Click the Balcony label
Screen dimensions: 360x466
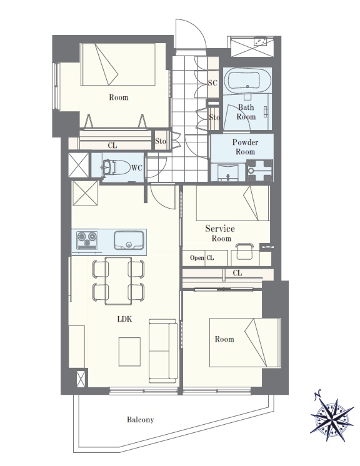(x=141, y=420)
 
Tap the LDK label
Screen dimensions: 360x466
(x=124, y=319)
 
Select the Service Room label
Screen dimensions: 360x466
(x=220, y=233)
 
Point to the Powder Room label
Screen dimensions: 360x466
(x=245, y=147)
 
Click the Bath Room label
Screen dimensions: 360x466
(x=246, y=112)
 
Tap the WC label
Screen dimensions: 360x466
(x=137, y=168)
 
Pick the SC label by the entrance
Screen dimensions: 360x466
(x=212, y=82)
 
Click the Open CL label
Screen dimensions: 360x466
(x=202, y=257)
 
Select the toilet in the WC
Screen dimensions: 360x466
(x=116, y=167)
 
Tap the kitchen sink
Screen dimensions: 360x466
(x=129, y=240)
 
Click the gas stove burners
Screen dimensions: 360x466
(x=87, y=240)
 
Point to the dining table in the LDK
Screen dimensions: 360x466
(x=118, y=281)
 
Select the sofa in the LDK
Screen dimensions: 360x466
(x=163, y=351)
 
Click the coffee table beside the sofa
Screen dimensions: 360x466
(x=129, y=352)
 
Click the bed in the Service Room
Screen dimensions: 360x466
(x=232, y=203)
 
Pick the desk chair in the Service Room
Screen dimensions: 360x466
(x=244, y=251)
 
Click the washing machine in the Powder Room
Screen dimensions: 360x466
(x=259, y=171)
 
